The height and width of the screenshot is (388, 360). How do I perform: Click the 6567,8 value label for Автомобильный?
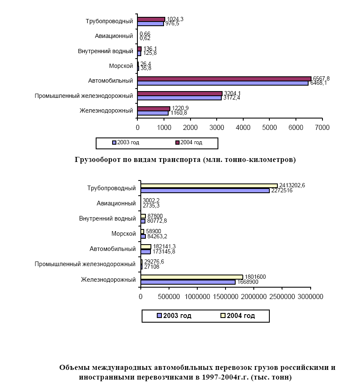click(x=321, y=78)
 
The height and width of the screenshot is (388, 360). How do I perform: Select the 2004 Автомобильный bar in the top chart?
click(x=224, y=79)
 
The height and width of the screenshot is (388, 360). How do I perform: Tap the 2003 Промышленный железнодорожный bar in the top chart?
click(x=179, y=98)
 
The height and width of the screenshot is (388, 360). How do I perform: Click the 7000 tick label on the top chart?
click(x=322, y=127)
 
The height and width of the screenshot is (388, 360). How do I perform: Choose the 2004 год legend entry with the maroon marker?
click(x=189, y=143)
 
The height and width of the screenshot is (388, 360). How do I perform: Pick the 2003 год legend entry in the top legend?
click(x=126, y=143)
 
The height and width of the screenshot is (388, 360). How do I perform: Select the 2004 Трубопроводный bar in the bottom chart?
click(x=209, y=186)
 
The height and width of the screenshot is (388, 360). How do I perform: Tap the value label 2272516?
click(x=282, y=190)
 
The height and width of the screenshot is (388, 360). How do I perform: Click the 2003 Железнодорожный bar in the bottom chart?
click(x=188, y=282)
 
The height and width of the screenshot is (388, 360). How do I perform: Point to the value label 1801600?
click(x=255, y=277)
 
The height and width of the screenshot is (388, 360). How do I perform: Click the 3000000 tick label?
click(x=310, y=296)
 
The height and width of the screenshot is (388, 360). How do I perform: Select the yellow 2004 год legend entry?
click(x=238, y=316)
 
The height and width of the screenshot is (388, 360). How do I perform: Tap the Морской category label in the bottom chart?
click(x=124, y=234)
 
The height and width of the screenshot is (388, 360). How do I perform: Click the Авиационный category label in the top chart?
click(x=114, y=36)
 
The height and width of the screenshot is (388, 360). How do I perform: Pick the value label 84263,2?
click(x=157, y=236)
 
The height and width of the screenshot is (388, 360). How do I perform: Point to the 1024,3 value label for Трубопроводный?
click(x=175, y=19)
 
